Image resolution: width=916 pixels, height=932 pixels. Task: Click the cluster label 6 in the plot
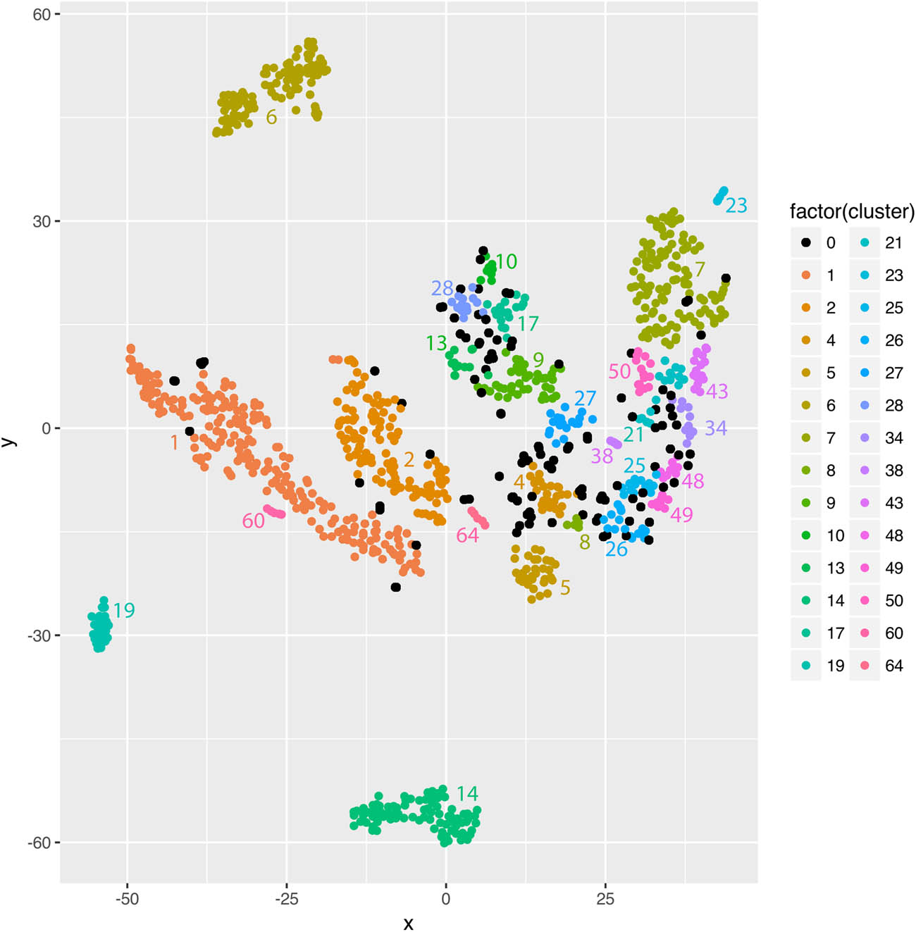[271, 117]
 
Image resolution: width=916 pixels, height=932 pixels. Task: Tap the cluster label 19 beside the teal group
[124, 610]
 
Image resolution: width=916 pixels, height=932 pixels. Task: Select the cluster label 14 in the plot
[467, 794]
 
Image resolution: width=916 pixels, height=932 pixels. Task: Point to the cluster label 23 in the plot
[736, 205]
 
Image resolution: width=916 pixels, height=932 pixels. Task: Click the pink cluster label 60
[254, 521]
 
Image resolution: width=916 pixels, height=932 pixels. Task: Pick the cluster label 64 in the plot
[467, 535]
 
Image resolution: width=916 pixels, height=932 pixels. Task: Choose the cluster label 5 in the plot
[565, 588]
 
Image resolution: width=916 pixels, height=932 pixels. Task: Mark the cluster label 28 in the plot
[442, 288]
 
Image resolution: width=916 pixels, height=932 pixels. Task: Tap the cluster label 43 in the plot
[717, 391]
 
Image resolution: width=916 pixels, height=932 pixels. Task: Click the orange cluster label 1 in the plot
[174, 442]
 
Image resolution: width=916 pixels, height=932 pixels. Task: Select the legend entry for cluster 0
[818, 243]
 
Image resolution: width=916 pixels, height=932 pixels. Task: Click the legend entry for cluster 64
[881, 666]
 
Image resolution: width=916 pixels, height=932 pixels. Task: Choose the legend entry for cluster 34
[881, 438]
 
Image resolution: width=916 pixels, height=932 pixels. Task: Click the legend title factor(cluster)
[851, 211]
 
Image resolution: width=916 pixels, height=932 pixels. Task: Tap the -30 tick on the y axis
[39, 635]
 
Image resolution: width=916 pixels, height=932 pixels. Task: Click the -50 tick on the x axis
[127, 899]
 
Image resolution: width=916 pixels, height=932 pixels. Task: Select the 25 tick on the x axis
[605, 899]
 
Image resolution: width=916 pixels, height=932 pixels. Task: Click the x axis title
[408, 923]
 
